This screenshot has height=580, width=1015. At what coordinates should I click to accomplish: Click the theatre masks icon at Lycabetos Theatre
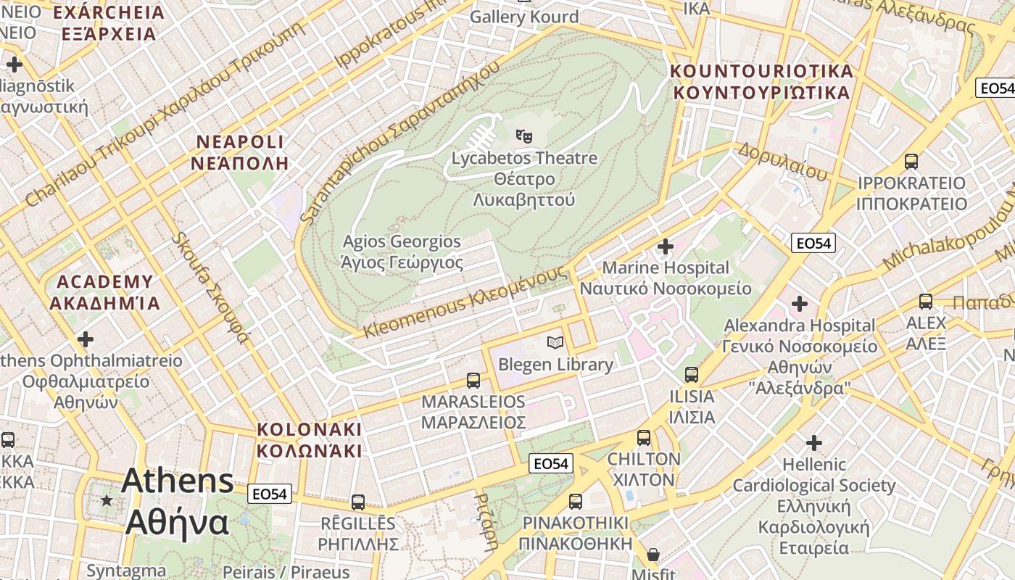(x=523, y=135)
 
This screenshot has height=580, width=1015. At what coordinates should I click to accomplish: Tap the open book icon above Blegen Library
(x=555, y=342)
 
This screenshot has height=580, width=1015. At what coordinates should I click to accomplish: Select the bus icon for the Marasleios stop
(x=473, y=380)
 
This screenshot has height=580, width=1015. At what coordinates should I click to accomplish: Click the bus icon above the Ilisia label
(x=692, y=375)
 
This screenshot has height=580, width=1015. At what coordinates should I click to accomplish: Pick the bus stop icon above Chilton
(x=644, y=437)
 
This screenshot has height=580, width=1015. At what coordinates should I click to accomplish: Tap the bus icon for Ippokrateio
(x=911, y=162)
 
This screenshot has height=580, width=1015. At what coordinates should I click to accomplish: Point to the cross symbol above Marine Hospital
(x=665, y=246)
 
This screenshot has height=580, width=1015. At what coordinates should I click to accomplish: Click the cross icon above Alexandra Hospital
(x=800, y=304)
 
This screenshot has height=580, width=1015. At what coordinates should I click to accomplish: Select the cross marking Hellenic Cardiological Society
(x=814, y=442)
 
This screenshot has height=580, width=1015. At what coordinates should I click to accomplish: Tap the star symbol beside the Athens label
(x=107, y=500)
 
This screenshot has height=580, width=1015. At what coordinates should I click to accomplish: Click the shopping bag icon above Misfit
(x=653, y=555)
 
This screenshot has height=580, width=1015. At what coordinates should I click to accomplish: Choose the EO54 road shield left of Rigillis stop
(x=270, y=494)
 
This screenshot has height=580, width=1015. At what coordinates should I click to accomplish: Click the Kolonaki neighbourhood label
(x=310, y=440)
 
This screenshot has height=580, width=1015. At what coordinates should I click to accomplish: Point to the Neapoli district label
(x=240, y=152)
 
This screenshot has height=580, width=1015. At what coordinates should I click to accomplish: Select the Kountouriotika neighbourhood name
(x=761, y=82)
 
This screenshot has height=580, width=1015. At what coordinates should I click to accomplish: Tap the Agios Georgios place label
(x=402, y=252)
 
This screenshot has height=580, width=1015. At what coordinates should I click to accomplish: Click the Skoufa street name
(x=210, y=287)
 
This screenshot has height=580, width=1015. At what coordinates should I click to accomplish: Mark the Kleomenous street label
(x=465, y=302)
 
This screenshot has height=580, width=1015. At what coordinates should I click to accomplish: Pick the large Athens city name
(x=178, y=502)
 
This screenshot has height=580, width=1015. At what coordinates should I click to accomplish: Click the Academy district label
(x=105, y=292)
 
